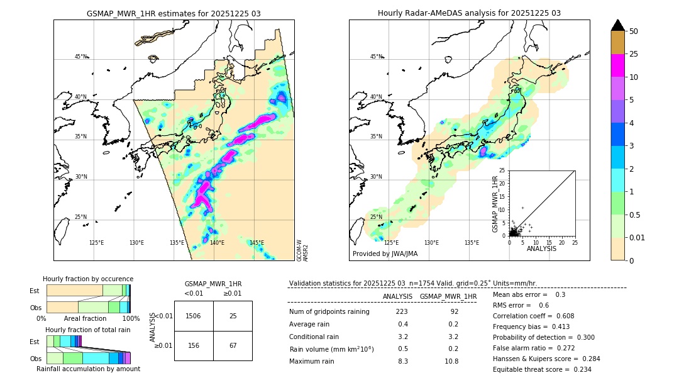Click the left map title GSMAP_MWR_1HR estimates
coord(174,13)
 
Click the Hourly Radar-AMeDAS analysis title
coord(469,13)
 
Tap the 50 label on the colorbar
coord(634,31)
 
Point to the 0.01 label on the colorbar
coord(638,237)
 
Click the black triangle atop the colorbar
coord(618,25)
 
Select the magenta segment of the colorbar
coord(618,65)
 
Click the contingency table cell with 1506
coord(194,316)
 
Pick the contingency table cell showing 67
coord(233,345)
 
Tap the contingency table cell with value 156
coord(194,345)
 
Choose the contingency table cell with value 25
coord(233,316)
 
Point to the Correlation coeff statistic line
coord(533,316)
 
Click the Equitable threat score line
coord(542,369)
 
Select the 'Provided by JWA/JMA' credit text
coord(385,254)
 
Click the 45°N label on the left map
coord(80,57)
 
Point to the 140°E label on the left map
coord(217,243)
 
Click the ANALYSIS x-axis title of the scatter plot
coord(541,248)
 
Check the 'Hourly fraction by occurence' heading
coord(88,279)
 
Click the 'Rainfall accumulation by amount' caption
coord(88,369)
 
